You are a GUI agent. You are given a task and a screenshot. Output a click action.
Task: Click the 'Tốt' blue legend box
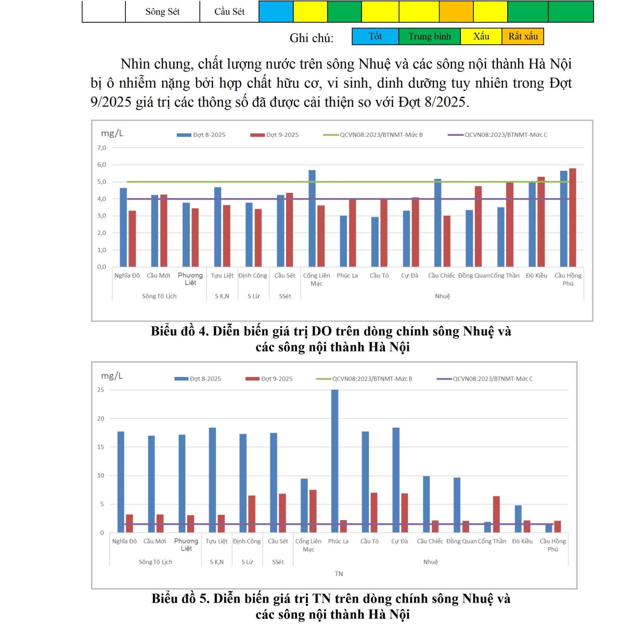(x=375, y=36)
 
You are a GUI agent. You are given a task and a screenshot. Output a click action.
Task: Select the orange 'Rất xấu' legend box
(x=523, y=36)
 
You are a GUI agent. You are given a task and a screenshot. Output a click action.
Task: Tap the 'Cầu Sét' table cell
(x=229, y=11)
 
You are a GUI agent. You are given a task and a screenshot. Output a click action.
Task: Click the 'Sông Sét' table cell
(x=162, y=11)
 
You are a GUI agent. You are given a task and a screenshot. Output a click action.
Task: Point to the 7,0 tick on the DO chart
(x=101, y=148)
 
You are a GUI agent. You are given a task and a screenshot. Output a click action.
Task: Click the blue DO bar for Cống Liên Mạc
(x=312, y=218)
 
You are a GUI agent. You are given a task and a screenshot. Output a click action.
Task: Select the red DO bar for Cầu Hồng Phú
(x=573, y=217)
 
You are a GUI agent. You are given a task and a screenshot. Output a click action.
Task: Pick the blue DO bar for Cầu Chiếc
(x=438, y=223)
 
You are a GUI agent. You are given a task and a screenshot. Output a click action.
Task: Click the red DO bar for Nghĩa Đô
(x=132, y=239)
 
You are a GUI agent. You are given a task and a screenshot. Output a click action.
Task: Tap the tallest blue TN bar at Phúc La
(x=335, y=461)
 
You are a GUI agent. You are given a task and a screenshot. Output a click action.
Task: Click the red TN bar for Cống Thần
(x=497, y=514)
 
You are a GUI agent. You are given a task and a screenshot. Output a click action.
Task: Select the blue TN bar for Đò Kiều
(x=518, y=519)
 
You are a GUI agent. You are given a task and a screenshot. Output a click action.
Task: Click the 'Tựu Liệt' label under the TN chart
(x=216, y=541)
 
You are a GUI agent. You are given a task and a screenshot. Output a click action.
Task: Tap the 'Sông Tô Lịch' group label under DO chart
(x=159, y=296)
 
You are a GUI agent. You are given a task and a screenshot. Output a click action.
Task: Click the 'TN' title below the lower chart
(x=339, y=574)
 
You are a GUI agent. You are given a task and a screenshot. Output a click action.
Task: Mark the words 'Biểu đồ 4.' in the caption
(x=179, y=331)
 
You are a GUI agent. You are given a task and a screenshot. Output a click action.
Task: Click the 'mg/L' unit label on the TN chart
(x=111, y=376)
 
